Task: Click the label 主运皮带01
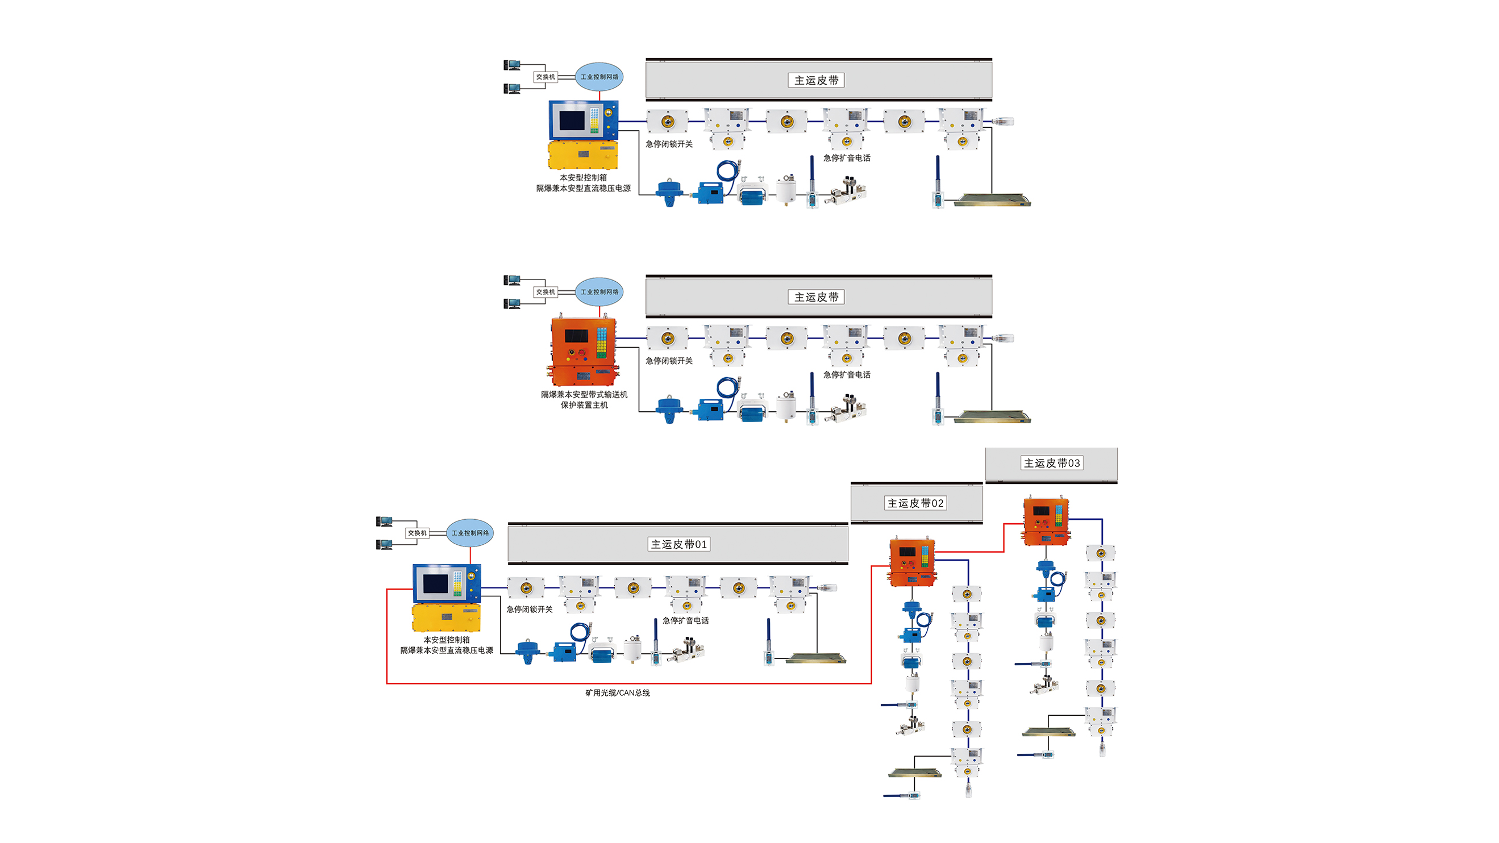pos(678,544)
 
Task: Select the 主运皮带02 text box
pos(915,503)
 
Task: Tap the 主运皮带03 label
pos(1051,463)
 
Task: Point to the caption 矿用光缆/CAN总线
pos(618,693)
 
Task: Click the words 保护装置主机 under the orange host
pos(584,406)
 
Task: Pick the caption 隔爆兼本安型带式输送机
pos(584,394)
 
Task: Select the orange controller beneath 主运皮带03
pos(1046,520)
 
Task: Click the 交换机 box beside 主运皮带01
pos(417,533)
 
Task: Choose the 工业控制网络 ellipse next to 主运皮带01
pos(470,533)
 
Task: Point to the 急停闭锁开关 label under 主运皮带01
pos(529,609)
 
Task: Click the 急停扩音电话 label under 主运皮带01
pos(685,621)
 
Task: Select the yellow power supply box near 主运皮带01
pos(446,617)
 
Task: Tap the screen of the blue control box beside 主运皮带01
pos(435,583)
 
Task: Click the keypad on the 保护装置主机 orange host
pos(601,342)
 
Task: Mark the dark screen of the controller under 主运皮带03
pos(1040,511)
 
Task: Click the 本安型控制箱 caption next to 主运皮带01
pos(446,640)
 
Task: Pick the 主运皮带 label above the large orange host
pos(816,297)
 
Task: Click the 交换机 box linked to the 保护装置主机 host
pos(546,292)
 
